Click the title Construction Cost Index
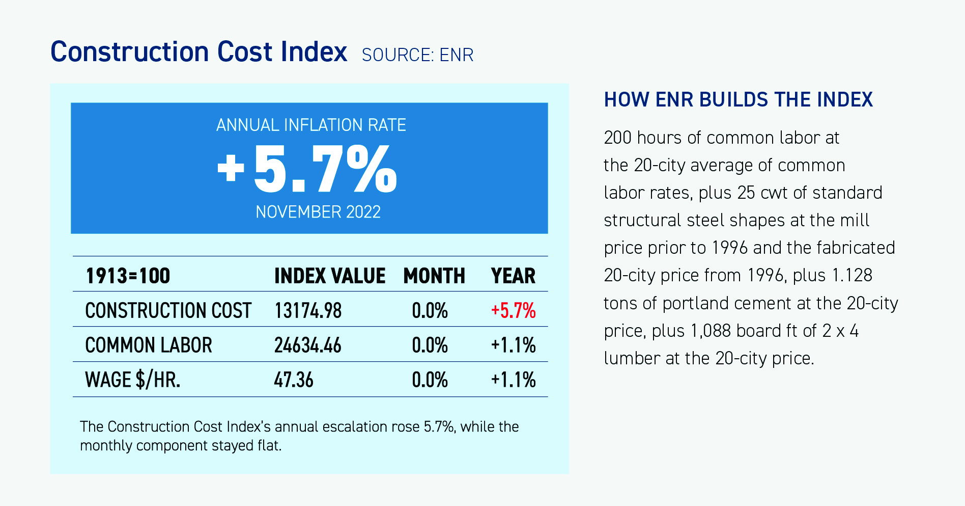click(198, 52)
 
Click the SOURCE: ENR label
click(417, 55)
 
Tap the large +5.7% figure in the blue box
click(307, 169)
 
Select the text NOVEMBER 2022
click(318, 212)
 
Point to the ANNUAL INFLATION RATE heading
click(311, 125)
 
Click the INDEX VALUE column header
click(329, 276)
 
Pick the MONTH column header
click(434, 276)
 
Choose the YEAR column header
click(513, 276)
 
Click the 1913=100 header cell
click(128, 276)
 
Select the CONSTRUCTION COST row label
click(168, 311)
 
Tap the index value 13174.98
click(308, 311)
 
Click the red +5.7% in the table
click(513, 311)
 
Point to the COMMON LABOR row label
click(148, 345)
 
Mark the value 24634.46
click(308, 345)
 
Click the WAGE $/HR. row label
click(132, 380)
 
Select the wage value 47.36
click(294, 380)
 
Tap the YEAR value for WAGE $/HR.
click(513, 380)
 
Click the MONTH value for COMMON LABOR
click(430, 345)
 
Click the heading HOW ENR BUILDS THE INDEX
click(738, 100)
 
